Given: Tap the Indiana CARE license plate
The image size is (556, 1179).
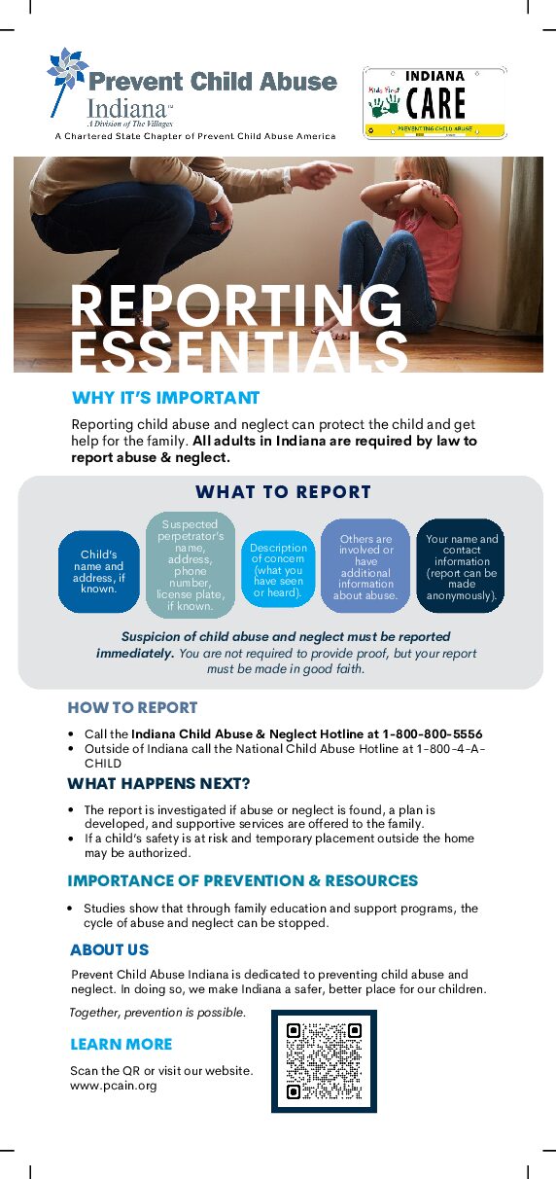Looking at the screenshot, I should (x=434, y=102).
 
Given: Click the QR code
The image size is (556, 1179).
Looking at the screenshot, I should (x=324, y=1061).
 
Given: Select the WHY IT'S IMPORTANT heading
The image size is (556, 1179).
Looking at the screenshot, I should (x=165, y=398).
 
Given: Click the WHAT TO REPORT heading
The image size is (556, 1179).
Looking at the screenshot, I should (x=283, y=492).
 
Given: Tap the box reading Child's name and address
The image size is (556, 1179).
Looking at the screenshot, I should (x=99, y=572).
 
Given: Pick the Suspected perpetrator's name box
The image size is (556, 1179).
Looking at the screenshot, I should (x=191, y=565).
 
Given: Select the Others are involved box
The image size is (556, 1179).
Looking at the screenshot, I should (x=365, y=566).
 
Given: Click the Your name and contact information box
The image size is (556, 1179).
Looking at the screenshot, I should (x=462, y=566).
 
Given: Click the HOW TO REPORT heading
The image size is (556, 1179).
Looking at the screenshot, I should (x=132, y=707).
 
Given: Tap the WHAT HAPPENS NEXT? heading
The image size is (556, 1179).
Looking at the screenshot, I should (x=158, y=783).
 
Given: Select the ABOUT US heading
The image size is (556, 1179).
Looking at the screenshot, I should (x=109, y=949).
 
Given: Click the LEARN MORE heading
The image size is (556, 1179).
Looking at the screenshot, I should (x=121, y=1044).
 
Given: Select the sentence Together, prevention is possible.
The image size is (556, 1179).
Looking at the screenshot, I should (x=157, y=1013).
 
